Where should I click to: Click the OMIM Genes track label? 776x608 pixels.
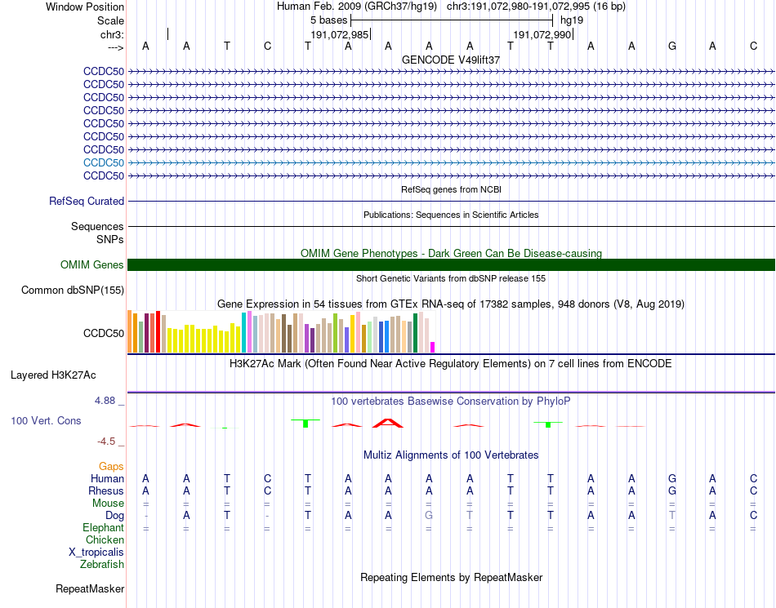[x=91, y=264]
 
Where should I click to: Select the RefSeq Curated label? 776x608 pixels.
[x=87, y=201]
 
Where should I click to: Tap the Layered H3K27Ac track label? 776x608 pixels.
[x=53, y=375]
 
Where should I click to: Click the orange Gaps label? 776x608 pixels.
[x=111, y=466]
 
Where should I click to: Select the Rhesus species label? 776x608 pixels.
[x=106, y=491]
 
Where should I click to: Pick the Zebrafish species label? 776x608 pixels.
[x=102, y=564]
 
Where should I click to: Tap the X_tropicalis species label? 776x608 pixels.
[x=96, y=552]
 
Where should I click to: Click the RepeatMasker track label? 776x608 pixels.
[x=90, y=588]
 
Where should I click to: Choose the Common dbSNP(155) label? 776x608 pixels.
[x=73, y=290]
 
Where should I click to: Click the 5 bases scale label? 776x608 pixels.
[x=328, y=20]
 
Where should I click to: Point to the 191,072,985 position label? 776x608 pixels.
[x=340, y=35]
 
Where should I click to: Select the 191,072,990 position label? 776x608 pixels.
[x=542, y=35]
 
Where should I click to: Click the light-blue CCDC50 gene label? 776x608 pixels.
[x=104, y=162]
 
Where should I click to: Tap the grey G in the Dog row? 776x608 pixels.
[x=430, y=516]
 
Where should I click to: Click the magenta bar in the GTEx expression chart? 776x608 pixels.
[x=433, y=347]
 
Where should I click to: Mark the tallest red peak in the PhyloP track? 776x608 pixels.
[x=388, y=422]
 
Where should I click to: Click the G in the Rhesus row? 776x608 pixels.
[x=672, y=491]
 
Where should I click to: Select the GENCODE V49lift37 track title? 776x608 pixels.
[x=451, y=60]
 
